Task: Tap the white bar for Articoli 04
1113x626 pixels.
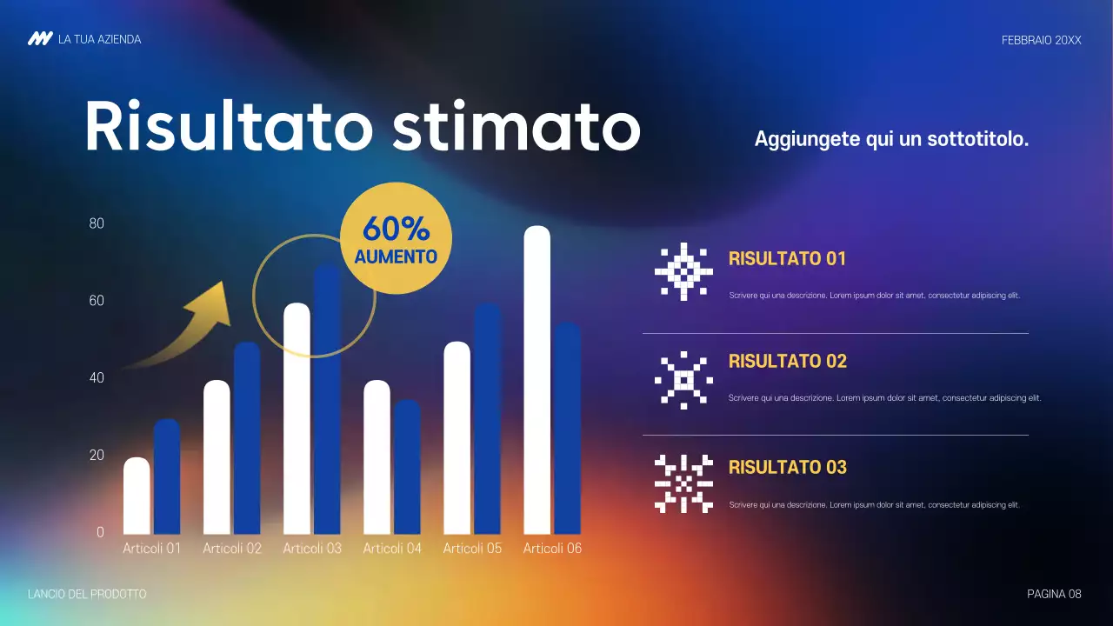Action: pyautogui.click(x=377, y=457)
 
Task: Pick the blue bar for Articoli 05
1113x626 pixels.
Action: pyautogui.click(x=488, y=418)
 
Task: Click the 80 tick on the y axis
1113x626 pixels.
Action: pyautogui.click(x=97, y=223)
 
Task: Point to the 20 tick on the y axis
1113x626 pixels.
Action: pyautogui.click(x=97, y=455)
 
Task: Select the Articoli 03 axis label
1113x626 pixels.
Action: pyautogui.click(x=312, y=549)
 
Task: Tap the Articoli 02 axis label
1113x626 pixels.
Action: pyautogui.click(x=232, y=549)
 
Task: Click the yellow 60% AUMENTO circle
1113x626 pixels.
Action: pyautogui.click(x=396, y=238)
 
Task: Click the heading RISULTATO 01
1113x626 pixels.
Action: pyautogui.click(x=787, y=258)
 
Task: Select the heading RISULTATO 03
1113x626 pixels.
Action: pyautogui.click(x=787, y=467)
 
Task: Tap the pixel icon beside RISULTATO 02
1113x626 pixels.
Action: pyautogui.click(x=683, y=380)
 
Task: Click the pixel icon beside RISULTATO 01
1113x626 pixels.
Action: pyautogui.click(x=683, y=271)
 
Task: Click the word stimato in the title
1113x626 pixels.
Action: pyautogui.click(x=516, y=127)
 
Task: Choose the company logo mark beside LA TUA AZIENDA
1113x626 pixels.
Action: pyautogui.click(x=40, y=39)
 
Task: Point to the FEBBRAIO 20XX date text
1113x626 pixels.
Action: pyautogui.click(x=1041, y=40)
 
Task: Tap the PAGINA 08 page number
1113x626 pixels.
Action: pyautogui.click(x=1054, y=594)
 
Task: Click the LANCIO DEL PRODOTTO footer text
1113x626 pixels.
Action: pyautogui.click(x=87, y=594)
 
